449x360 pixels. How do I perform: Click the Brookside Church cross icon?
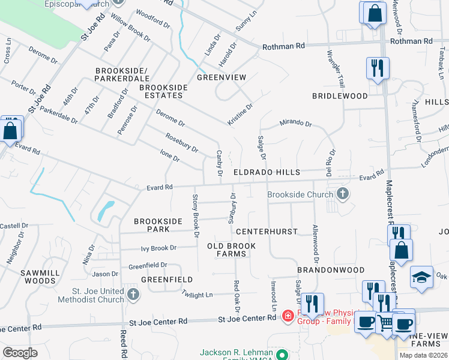[x=342, y=194]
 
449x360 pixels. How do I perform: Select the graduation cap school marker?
[x=421, y=277]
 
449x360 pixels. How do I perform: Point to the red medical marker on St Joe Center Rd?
[x=288, y=315]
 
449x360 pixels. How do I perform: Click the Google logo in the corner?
[x=20, y=353]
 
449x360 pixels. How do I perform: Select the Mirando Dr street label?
[x=296, y=124]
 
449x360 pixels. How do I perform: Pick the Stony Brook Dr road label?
[x=196, y=214]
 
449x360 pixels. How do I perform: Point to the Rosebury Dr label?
[x=181, y=143]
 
